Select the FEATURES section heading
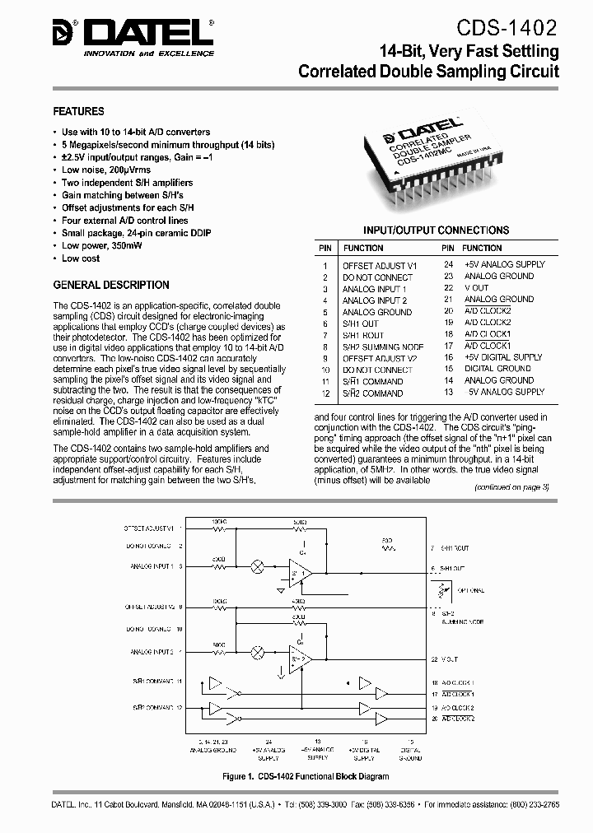[x=78, y=111]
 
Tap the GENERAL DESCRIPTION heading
[x=111, y=285]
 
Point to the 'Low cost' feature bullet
[x=81, y=258]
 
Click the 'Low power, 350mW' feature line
[x=103, y=245]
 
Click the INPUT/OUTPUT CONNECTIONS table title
[x=436, y=230]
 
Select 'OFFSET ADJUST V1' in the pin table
[x=380, y=265]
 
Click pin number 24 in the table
[x=448, y=265]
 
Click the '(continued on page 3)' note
[x=511, y=487]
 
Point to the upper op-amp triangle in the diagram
[x=298, y=569]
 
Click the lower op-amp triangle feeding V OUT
[x=298, y=656]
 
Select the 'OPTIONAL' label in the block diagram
[x=471, y=591]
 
